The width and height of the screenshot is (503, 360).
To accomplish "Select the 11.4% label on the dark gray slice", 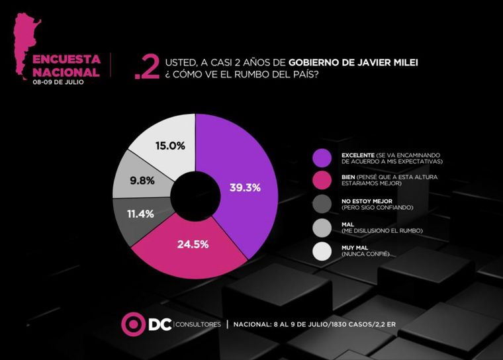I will click(x=142, y=213).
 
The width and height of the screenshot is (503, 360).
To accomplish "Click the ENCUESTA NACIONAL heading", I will click(x=66, y=66).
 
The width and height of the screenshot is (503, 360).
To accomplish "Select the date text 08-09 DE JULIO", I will click(x=60, y=83).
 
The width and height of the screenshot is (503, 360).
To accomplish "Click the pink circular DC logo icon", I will click(x=132, y=324).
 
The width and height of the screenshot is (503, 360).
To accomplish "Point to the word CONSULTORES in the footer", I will click(x=197, y=324).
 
